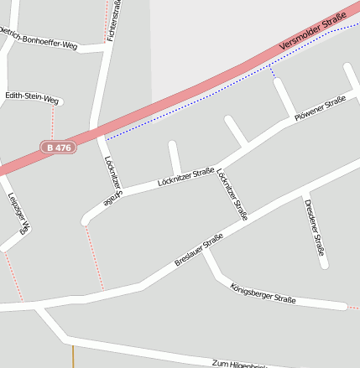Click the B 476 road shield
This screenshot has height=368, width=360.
(59, 148)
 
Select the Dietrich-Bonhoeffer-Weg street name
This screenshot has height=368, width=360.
(39, 39)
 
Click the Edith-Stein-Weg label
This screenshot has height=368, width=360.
(32, 97)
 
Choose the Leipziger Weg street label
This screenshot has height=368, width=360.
(19, 213)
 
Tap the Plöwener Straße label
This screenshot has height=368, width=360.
(321, 110)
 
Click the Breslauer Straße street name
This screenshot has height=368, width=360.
(199, 251)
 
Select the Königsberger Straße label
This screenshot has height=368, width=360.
(263, 293)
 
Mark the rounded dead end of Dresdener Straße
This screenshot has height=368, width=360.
(325, 265)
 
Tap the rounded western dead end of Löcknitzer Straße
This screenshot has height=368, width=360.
(85, 221)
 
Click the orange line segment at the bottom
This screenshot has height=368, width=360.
(73, 356)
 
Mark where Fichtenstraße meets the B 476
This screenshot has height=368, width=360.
(94, 131)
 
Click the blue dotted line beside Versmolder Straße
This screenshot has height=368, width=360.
(193, 108)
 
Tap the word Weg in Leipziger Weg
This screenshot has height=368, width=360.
(25, 228)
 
